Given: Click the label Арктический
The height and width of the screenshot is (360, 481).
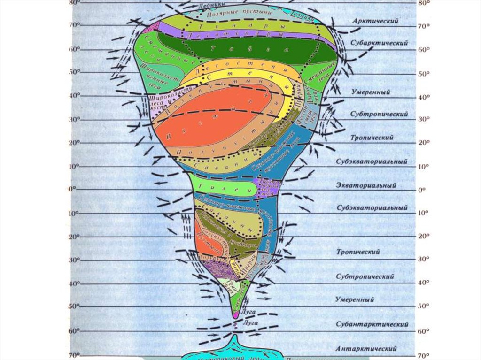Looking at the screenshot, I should pos(375,21).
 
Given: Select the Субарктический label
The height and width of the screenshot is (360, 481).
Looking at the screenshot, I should pos(379,42).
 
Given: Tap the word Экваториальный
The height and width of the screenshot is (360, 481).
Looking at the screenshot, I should pos(373,185).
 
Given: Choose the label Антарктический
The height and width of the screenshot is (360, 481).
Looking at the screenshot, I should pos(366,349).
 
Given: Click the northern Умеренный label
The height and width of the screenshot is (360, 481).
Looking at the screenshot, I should pos(371,92).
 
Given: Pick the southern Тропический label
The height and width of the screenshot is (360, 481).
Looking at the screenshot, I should pos(358,252).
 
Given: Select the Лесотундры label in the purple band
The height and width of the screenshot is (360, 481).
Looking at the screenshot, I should pos(235,35).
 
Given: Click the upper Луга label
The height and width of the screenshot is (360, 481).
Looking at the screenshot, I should pos(248,311).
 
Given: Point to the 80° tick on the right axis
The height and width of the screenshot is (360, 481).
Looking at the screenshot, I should pos(424,3).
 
